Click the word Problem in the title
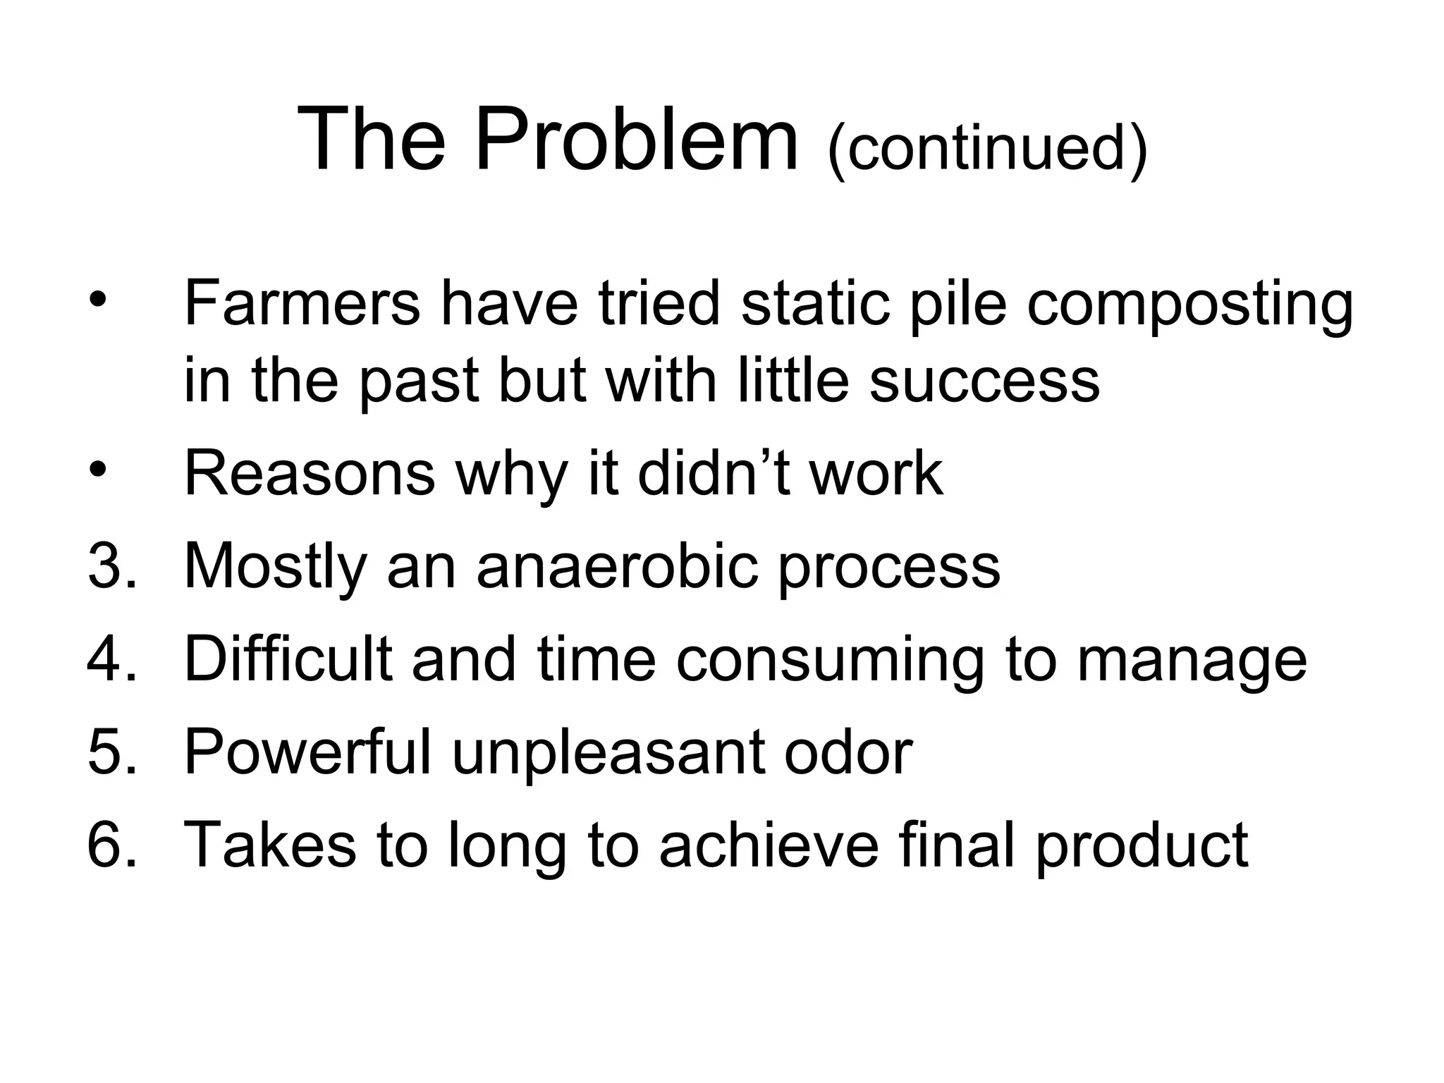(637, 139)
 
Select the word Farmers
(302, 303)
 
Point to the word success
(984, 381)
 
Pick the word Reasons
(310, 474)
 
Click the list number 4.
(111, 659)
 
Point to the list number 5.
(111, 753)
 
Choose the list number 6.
(111, 845)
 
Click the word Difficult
(288, 659)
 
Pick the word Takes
(270, 845)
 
